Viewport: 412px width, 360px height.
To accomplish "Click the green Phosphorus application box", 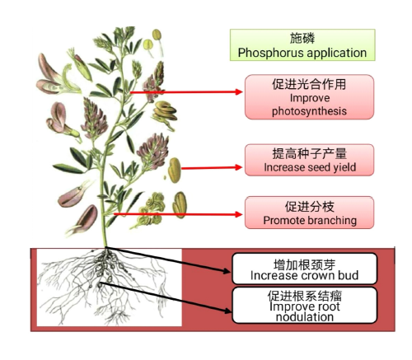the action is (x=302, y=45).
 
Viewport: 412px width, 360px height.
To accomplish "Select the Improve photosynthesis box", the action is (x=309, y=97).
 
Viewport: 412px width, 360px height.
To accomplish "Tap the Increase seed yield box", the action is (x=309, y=160).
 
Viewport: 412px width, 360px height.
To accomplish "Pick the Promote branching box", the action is (x=309, y=213).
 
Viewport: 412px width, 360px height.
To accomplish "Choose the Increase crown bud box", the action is (x=304, y=269).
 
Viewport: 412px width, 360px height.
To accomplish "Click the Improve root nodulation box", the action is (x=304, y=305).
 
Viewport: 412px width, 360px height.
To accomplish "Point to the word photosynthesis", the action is (x=309, y=111).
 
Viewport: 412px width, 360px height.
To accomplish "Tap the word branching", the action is (x=332, y=220).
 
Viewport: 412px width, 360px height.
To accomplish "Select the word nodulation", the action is (x=305, y=317).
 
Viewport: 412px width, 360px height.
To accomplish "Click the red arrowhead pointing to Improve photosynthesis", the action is (x=239, y=92).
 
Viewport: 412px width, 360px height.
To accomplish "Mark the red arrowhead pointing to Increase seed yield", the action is (x=238, y=167).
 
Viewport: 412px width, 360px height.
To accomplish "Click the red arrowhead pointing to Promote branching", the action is (x=238, y=214).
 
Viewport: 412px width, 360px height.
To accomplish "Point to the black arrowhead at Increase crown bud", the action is (x=227, y=271).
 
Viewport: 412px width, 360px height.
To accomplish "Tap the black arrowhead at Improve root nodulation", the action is (x=228, y=311).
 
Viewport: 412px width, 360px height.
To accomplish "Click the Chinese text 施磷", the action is (x=302, y=38).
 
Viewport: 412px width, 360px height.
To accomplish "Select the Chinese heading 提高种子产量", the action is (x=309, y=153).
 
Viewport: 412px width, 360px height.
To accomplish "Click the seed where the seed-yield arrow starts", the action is (x=175, y=171).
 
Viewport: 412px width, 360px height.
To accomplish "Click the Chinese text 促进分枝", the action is (x=309, y=207).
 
